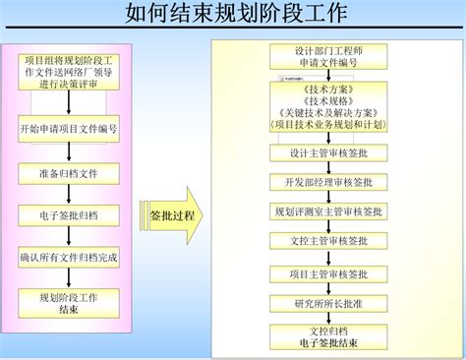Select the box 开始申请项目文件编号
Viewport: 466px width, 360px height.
(69, 128)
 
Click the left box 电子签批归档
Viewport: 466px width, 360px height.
(69, 214)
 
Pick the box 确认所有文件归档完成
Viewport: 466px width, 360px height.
(69, 257)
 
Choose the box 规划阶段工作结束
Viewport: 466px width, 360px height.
(69, 302)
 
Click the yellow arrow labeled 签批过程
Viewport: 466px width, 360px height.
(175, 215)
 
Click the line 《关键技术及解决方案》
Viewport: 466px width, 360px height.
(322, 112)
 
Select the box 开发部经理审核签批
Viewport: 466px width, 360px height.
(323, 182)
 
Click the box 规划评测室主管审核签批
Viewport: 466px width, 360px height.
(323, 211)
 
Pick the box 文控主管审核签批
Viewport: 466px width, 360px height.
(323, 241)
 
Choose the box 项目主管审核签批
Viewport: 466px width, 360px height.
(323, 273)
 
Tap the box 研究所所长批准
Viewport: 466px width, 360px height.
(323, 303)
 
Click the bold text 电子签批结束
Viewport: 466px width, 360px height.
(323, 342)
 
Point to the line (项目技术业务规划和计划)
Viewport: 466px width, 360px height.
(322, 125)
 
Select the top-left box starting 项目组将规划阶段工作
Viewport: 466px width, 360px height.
(69, 72)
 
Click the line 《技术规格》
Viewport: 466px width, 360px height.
(322, 99)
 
